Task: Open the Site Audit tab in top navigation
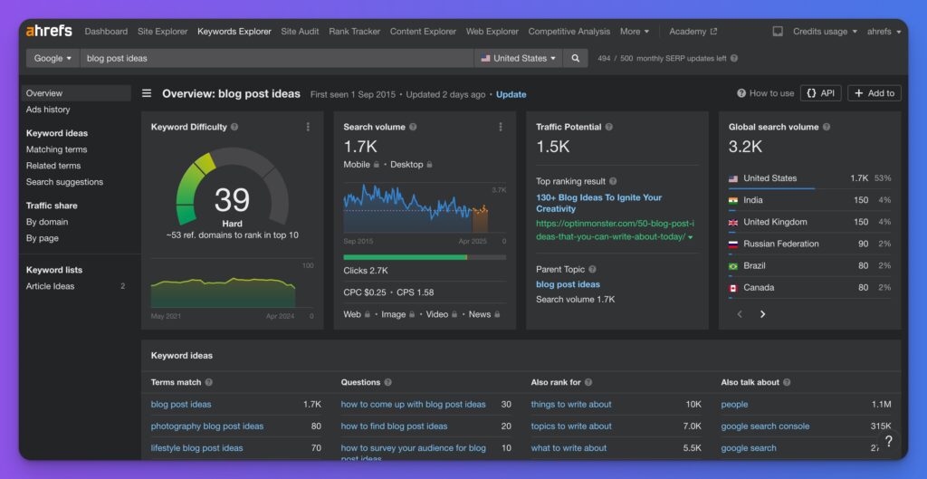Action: (x=300, y=32)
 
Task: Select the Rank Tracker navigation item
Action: (x=354, y=32)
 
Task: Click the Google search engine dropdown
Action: (x=53, y=58)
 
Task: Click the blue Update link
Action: (x=511, y=94)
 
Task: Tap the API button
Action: (x=819, y=93)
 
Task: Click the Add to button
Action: (x=874, y=93)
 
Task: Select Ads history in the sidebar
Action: (x=48, y=110)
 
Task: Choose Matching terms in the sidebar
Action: (x=56, y=149)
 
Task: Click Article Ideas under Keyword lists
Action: (x=51, y=286)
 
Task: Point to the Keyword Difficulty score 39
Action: (x=232, y=199)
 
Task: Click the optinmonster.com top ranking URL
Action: (x=615, y=230)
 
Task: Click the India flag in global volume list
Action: (x=733, y=200)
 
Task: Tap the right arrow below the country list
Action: (x=762, y=314)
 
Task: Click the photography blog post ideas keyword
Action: (x=206, y=426)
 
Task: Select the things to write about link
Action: (x=570, y=405)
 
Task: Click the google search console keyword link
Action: (x=765, y=426)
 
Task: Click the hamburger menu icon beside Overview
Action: (x=147, y=93)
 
